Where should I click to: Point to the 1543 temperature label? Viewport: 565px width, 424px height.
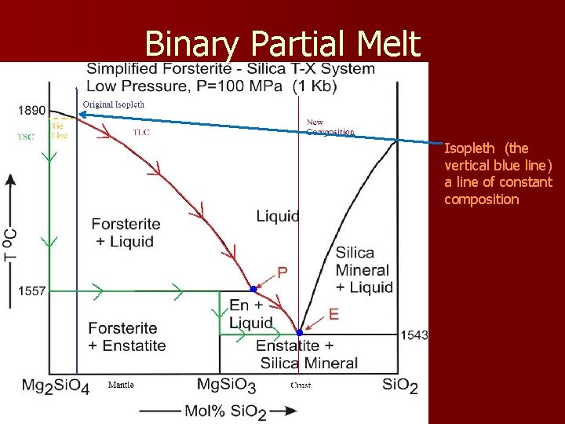(x=414, y=335)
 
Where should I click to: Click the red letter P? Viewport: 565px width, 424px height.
(x=282, y=272)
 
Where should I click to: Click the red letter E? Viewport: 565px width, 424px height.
(x=334, y=314)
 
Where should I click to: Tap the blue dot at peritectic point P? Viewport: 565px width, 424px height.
(x=253, y=289)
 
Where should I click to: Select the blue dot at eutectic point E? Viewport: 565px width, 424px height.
(x=299, y=333)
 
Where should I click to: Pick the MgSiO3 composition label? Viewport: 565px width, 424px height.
(x=226, y=386)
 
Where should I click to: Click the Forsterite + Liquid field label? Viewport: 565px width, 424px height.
(x=126, y=232)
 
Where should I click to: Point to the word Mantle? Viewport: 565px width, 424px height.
(x=121, y=385)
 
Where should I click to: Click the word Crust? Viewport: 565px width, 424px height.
(x=301, y=385)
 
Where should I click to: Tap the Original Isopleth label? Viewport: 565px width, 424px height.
(x=114, y=104)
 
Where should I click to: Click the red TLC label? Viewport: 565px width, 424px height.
(x=141, y=132)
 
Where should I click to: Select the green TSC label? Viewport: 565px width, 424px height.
(x=26, y=137)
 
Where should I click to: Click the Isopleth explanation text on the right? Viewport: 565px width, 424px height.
(x=498, y=174)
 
